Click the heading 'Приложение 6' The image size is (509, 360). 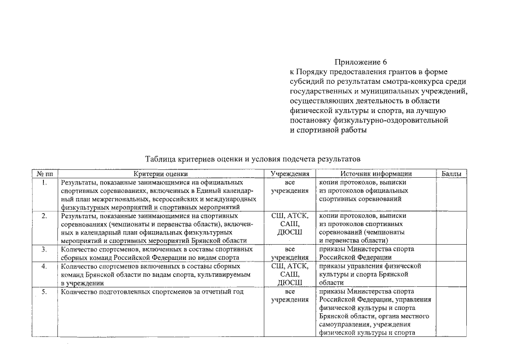point(361,62)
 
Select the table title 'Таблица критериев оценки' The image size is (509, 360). point(251,159)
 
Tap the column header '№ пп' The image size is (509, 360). point(44,174)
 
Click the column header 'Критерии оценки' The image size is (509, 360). point(161,174)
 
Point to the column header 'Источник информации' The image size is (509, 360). point(376,174)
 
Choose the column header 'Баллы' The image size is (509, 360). point(451,174)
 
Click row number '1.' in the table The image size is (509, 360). point(44,183)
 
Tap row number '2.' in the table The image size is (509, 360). point(44,216)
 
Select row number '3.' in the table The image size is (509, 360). point(44,249)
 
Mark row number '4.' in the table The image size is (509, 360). point(44,265)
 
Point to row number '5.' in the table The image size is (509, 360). point(44,291)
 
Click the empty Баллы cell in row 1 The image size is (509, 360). point(451,195)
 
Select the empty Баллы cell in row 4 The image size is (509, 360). point(451,274)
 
